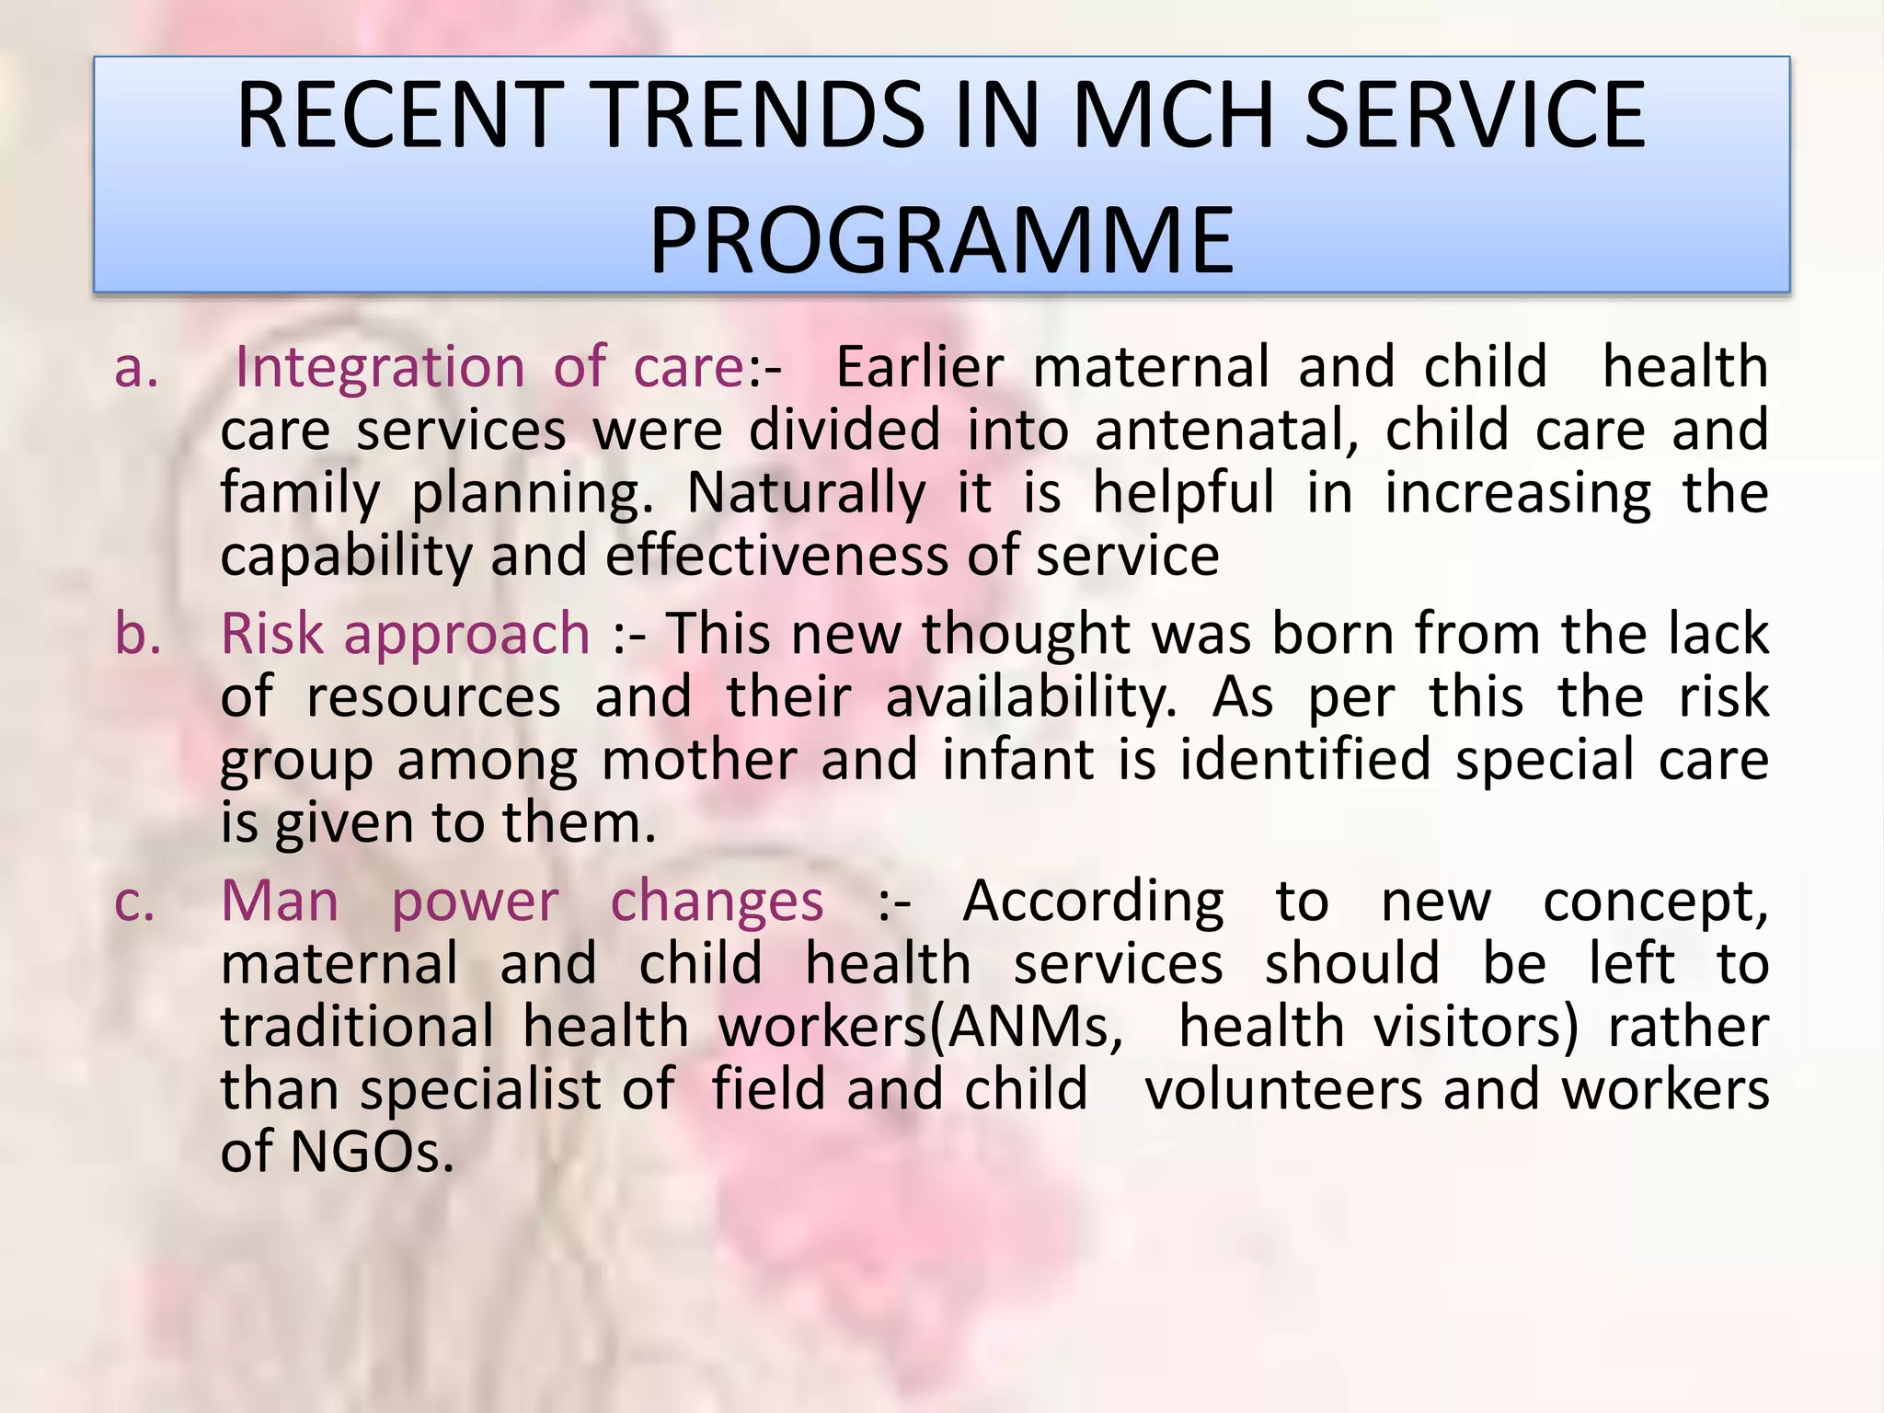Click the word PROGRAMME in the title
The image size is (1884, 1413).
tap(941, 241)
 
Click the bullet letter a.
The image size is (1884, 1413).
tap(136, 368)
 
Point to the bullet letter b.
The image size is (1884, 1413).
tap(138, 635)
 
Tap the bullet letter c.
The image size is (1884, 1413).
tap(135, 902)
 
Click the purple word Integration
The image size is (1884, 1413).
tap(380, 368)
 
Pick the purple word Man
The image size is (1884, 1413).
tap(280, 901)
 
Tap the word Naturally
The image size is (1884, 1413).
tap(806, 493)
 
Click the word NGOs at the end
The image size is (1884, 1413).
tap(372, 1152)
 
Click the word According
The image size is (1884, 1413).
tap(1093, 902)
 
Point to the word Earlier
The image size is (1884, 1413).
tap(919, 368)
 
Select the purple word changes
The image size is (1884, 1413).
tap(717, 902)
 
